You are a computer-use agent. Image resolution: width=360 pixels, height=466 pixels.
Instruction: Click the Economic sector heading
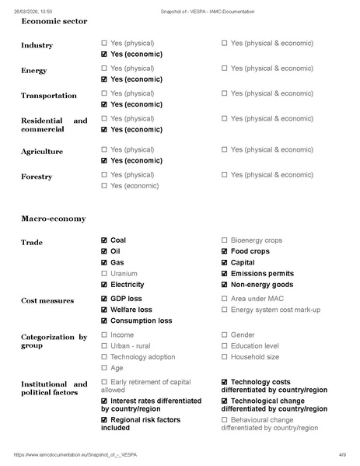[54, 21]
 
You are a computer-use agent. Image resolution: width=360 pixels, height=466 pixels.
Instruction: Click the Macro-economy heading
[54, 219]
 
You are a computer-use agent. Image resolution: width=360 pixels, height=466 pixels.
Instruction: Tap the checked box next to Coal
[104, 240]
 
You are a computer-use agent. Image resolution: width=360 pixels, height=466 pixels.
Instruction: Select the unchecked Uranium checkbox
[104, 274]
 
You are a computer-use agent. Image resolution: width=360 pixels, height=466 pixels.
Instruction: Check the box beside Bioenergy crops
[225, 240]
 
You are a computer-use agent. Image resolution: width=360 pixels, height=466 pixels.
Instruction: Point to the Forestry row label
[37, 177]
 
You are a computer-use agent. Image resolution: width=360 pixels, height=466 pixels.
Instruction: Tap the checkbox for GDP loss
[104, 299]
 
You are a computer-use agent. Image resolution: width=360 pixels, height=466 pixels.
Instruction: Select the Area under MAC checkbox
[225, 299]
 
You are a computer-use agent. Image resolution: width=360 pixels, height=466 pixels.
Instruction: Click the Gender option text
[243, 335]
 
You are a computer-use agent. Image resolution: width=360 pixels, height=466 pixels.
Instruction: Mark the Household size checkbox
[225, 357]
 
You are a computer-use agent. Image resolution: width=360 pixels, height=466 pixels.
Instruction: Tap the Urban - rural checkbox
[104, 346]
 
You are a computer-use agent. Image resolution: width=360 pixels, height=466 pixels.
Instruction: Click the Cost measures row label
[47, 300]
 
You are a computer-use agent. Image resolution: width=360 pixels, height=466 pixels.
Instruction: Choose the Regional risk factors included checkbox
[104, 420]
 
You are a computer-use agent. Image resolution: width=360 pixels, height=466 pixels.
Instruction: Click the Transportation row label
[49, 96]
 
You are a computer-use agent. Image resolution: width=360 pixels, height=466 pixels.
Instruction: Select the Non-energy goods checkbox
[225, 285]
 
